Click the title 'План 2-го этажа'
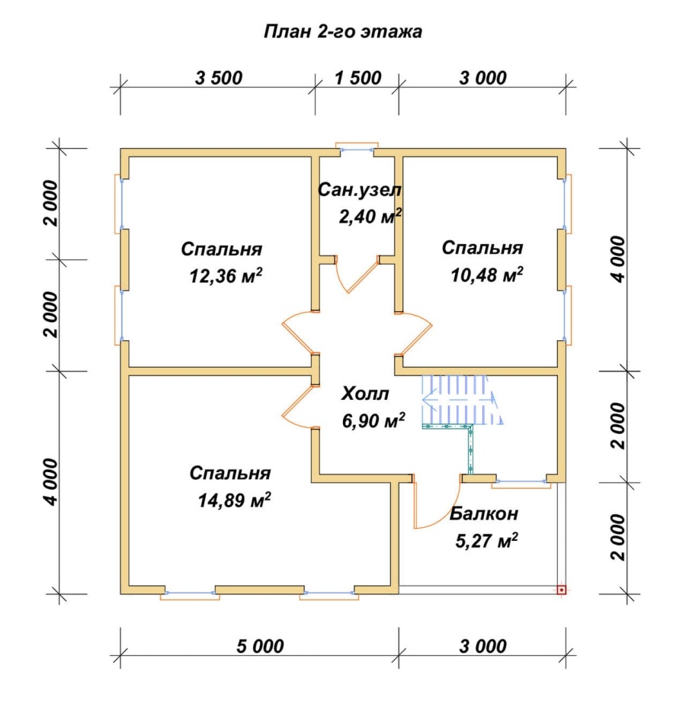click(x=343, y=32)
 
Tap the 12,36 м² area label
click(x=226, y=276)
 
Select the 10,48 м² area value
click(x=487, y=275)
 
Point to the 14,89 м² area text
click(x=234, y=500)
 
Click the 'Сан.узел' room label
click(x=359, y=190)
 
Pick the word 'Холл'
click(x=365, y=394)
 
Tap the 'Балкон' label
click(x=484, y=513)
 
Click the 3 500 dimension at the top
click(x=219, y=78)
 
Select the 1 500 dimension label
click(x=358, y=78)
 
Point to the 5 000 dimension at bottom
click(x=260, y=645)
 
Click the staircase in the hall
click(x=463, y=400)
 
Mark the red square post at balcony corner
click(x=562, y=590)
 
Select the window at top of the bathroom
click(x=357, y=149)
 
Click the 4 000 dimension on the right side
click(x=620, y=259)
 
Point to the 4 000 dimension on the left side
click(x=51, y=482)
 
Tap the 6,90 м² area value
click(x=373, y=420)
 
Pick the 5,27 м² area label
click(x=486, y=541)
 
